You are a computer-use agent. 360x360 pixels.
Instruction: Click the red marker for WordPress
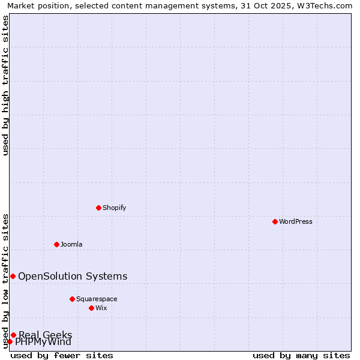click(x=275, y=221)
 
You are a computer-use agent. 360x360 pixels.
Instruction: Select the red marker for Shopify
click(x=98, y=208)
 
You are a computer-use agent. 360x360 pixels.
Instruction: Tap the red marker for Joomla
click(x=56, y=244)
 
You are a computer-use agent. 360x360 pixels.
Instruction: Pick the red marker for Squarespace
click(x=72, y=299)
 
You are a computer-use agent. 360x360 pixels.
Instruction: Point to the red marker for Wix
click(x=91, y=308)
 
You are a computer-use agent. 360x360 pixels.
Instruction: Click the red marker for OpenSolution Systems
click(x=13, y=276)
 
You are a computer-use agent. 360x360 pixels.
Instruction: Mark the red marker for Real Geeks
click(x=13, y=335)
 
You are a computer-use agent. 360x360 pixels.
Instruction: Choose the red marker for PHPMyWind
click(x=10, y=341)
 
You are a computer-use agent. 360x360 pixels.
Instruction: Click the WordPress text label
click(x=296, y=221)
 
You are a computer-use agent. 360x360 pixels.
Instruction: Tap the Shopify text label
click(x=115, y=208)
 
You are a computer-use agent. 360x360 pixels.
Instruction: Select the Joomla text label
click(x=71, y=244)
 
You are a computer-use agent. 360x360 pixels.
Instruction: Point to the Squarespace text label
click(x=97, y=299)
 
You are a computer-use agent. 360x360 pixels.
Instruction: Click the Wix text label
click(x=101, y=308)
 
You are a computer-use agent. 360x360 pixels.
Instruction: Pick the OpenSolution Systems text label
click(x=73, y=276)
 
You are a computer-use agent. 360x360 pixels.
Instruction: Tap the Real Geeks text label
click(x=46, y=335)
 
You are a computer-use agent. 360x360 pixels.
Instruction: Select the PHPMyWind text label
click(x=43, y=342)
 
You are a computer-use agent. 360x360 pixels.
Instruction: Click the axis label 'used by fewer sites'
click(x=62, y=355)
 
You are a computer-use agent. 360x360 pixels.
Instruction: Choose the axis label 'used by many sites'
click(x=301, y=355)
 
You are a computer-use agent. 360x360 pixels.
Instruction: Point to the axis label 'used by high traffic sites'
click(x=5, y=85)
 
